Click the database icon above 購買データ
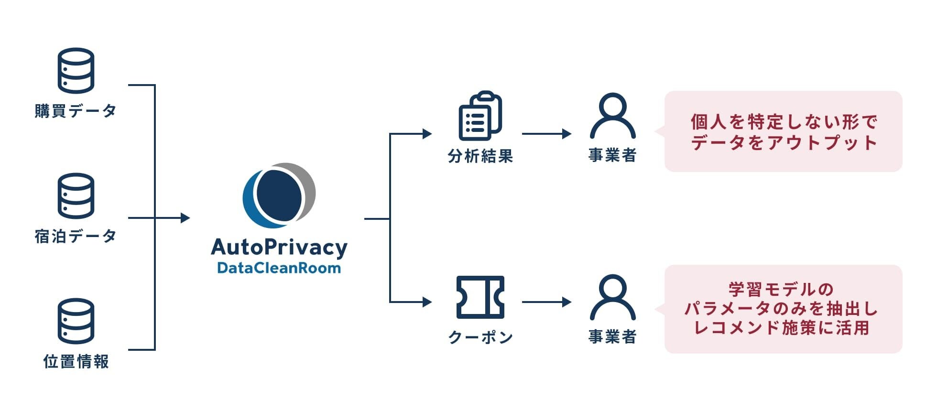point(76,70)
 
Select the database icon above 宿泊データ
point(76,195)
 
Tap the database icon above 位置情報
point(76,321)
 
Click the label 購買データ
point(76,111)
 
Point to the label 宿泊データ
point(76,236)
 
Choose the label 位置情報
point(76,361)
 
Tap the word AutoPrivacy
point(279,248)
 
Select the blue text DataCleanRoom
point(279,268)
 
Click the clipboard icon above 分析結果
point(480,116)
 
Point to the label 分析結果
point(480,156)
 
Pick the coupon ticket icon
point(480,297)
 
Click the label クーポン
point(480,337)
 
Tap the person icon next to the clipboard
point(612,116)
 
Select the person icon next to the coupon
point(612,297)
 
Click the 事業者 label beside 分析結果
point(612,155)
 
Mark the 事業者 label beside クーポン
point(612,337)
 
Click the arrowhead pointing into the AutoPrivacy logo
point(185,218)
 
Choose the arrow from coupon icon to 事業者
point(546,302)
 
